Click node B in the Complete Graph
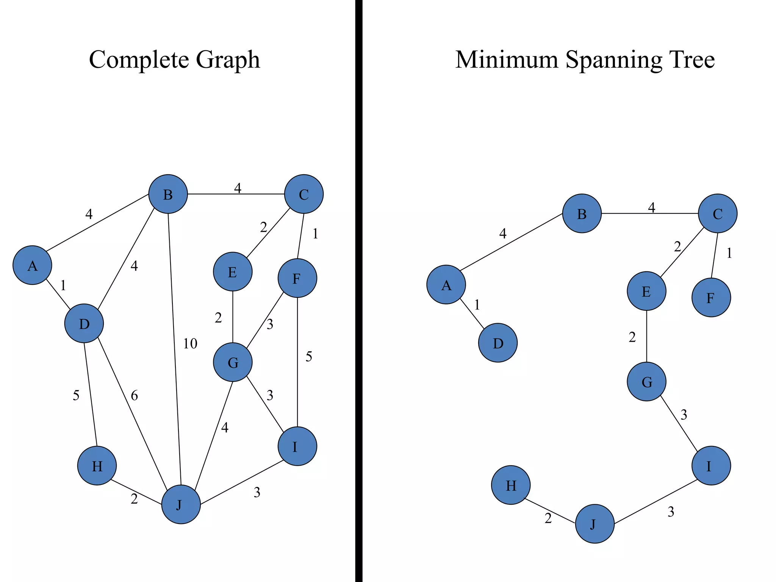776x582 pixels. (168, 194)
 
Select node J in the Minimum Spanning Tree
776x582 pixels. (595, 524)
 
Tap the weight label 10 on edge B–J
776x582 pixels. (190, 344)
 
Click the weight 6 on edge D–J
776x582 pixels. (134, 396)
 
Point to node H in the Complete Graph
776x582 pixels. (97, 466)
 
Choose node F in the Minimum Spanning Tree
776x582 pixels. (711, 297)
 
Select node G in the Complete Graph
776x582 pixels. (233, 362)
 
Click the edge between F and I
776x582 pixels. (297, 362)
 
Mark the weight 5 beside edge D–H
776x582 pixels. (76, 396)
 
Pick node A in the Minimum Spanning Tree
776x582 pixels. (446, 285)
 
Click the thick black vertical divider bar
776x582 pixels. (359, 291)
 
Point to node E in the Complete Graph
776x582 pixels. (233, 272)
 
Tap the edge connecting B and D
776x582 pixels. (126, 259)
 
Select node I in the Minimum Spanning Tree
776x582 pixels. (711, 466)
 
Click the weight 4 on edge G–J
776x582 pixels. (225, 428)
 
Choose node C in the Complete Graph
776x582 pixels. (304, 194)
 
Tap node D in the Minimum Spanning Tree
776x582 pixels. (498, 343)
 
